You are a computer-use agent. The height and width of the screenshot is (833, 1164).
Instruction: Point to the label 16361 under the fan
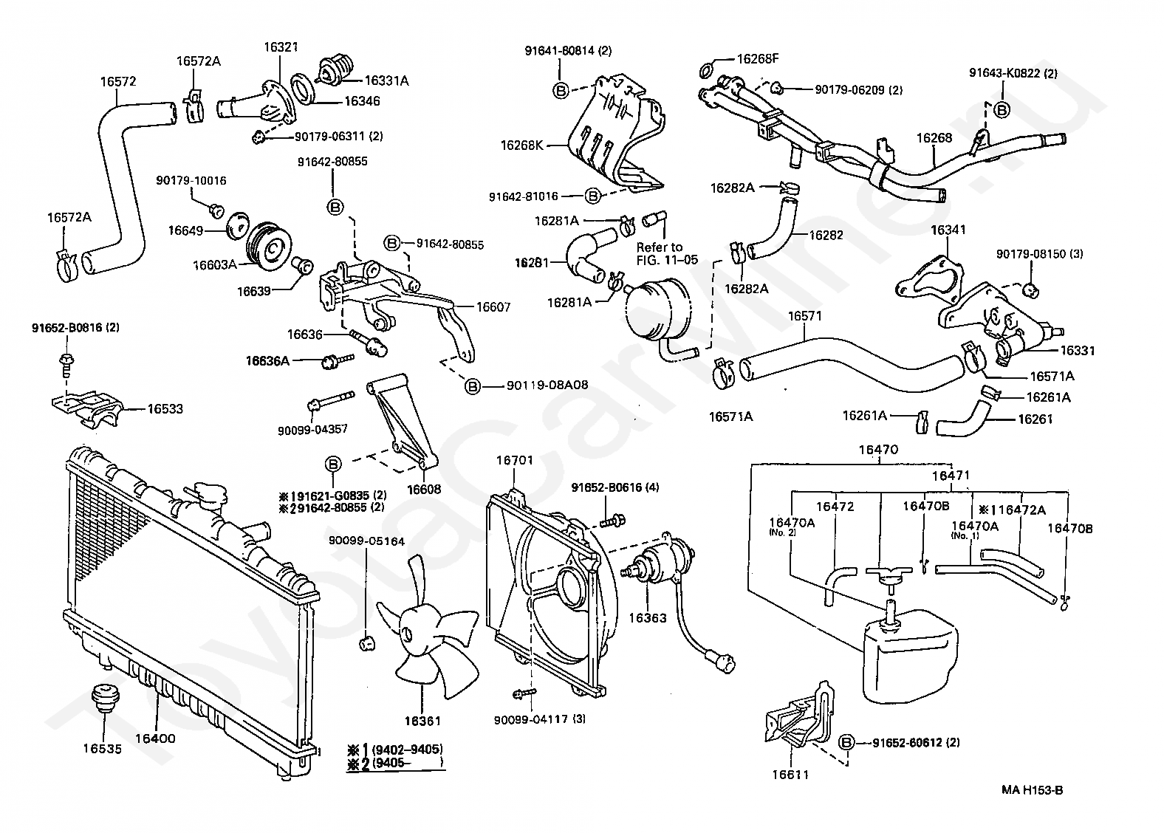coord(422,720)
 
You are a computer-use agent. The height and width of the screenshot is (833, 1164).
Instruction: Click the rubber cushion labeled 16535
coord(102,696)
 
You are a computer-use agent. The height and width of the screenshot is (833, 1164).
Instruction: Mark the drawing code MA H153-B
coord(1032,790)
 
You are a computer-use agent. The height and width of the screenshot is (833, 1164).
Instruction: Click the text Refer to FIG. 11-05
coord(660,253)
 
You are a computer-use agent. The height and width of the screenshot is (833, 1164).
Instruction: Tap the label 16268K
coord(521,145)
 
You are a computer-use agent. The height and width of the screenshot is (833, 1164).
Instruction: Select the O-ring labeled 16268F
coord(706,71)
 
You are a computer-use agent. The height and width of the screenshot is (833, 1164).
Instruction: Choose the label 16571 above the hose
coord(805,316)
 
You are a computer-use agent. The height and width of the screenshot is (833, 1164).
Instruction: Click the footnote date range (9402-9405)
coord(406,747)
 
